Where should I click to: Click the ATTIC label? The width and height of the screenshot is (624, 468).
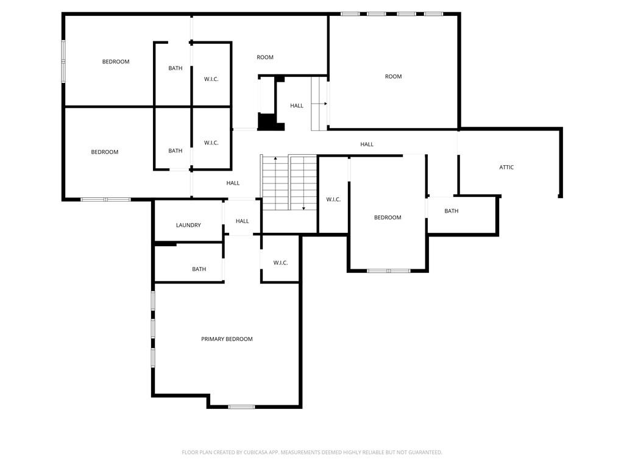point(506,167)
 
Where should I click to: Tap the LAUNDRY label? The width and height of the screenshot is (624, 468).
point(188,225)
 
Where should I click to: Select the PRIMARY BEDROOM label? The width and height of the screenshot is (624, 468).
point(227,339)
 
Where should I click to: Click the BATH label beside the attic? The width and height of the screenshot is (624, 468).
point(451,211)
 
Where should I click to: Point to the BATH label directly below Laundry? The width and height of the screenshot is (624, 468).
point(199,269)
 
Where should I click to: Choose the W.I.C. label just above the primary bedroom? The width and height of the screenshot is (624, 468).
point(280,263)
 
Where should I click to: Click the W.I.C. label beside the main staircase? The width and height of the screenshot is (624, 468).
point(333,199)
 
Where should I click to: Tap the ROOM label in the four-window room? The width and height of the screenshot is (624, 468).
point(393,76)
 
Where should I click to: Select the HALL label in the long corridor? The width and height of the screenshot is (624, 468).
point(366,144)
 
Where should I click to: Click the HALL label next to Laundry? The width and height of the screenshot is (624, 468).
point(242,221)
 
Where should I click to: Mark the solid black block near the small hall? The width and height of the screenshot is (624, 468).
point(266,121)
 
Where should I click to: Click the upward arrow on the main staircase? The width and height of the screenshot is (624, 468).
point(275,160)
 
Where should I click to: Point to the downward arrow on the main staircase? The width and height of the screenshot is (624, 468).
point(303,208)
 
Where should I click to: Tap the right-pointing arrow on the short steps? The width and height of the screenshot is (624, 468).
point(325,104)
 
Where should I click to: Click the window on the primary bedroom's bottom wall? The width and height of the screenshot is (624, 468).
point(241,406)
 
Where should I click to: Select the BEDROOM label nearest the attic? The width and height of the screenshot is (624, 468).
point(388,218)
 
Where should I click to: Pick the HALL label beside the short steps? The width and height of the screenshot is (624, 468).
point(296,105)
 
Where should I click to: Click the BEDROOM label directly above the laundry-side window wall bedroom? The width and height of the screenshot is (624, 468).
point(115,62)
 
